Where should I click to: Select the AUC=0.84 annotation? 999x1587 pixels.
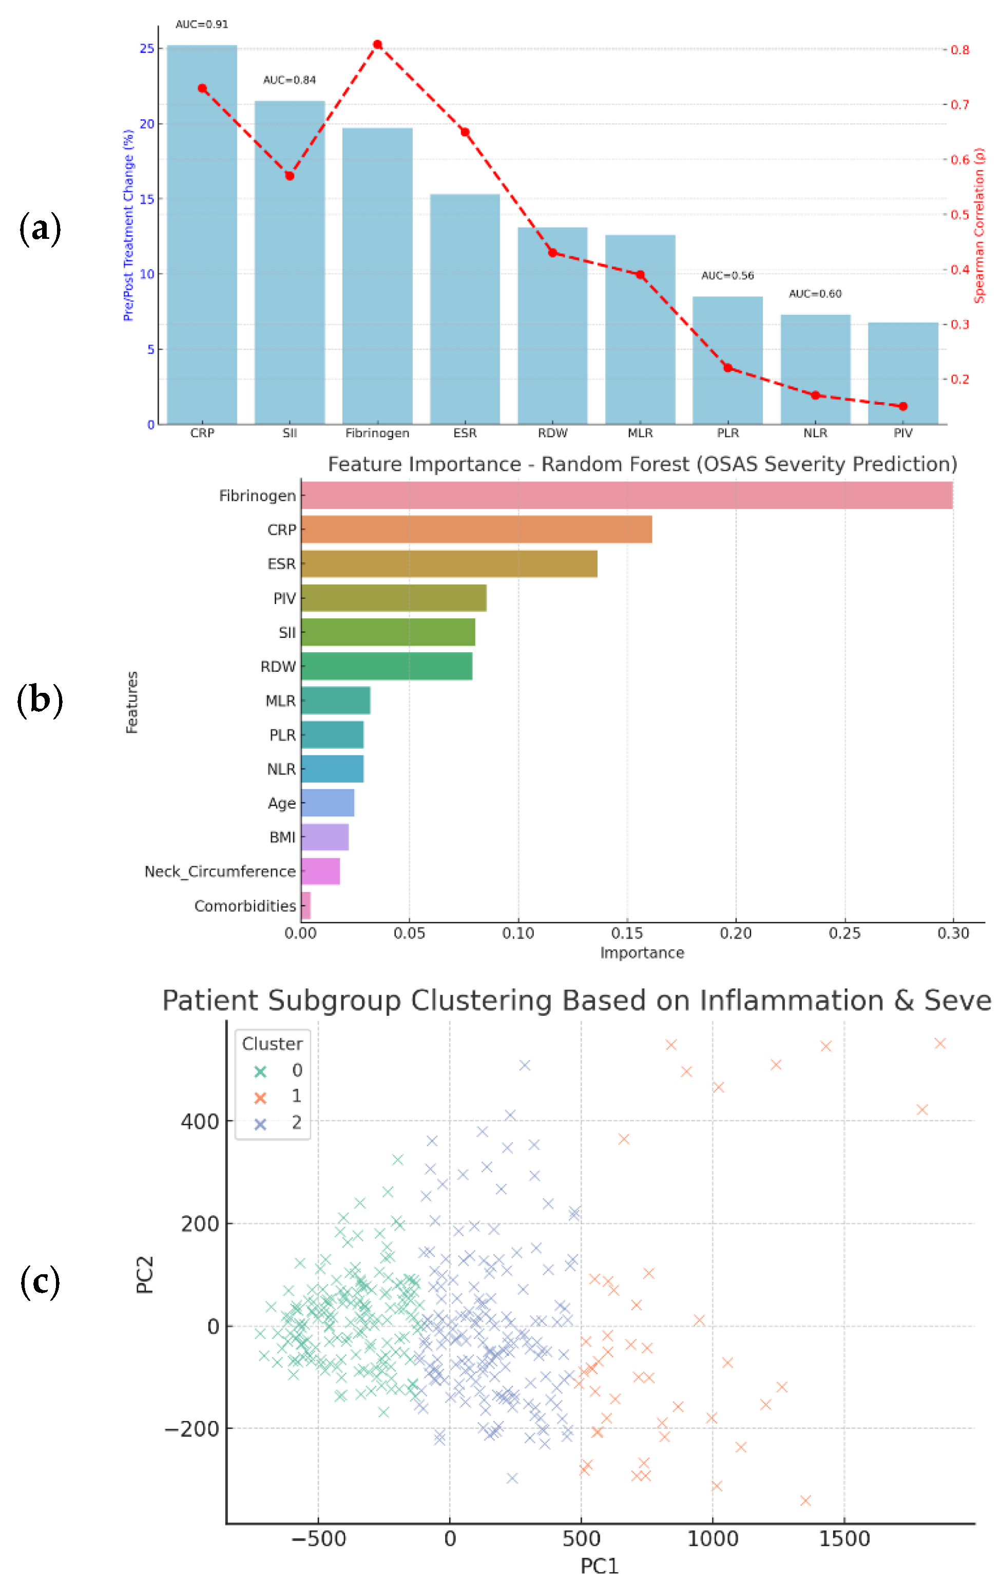pyautogui.click(x=290, y=80)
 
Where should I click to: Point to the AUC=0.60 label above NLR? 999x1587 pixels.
pyautogui.click(x=815, y=293)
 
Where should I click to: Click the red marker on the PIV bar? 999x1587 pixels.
pyautogui.click(x=903, y=406)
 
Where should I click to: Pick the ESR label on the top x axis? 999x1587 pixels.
pyautogui.click(x=465, y=433)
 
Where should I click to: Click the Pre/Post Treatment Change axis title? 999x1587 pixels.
pyautogui.click(x=128, y=225)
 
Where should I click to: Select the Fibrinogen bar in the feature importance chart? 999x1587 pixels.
pyautogui.click(x=626, y=496)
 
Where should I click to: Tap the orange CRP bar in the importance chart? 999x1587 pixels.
pyautogui.click(x=476, y=529)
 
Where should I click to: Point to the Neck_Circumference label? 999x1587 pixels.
pyautogui.click(x=220, y=871)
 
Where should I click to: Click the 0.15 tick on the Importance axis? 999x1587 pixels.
pyautogui.click(x=627, y=933)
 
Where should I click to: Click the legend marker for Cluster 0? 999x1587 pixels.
pyautogui.click(x=260, y=1071)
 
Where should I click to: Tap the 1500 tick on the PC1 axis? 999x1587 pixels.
pyautogui.click(x=844, y=1538)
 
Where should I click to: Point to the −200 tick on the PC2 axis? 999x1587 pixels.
pyautogui.click(x=191, y=1429)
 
